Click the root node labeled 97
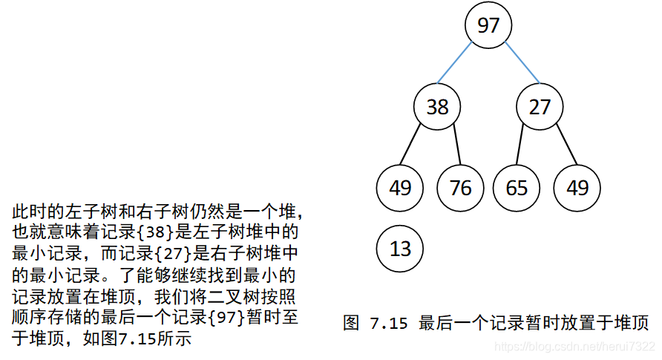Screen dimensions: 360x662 (488, 26)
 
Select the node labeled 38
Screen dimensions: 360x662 (437, 108)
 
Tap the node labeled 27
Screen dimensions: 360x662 (540, 108)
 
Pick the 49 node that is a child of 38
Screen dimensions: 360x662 (399, 188)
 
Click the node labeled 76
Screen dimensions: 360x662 (460, 188)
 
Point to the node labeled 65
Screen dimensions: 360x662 (516, 188)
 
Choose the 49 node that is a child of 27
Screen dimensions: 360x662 (577, 188)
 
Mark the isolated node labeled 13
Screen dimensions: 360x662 (399, 249)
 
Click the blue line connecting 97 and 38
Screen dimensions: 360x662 (455, 63)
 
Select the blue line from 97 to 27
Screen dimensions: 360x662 (522, 63)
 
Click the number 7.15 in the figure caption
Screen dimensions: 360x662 (389, 323)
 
